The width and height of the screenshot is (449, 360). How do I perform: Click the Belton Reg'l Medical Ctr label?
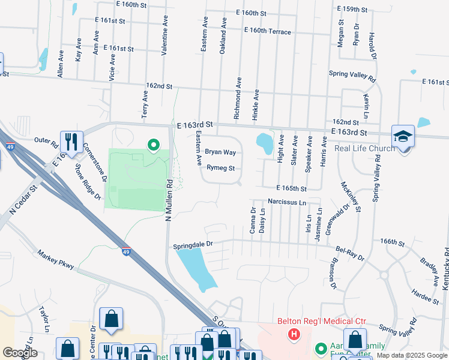pos(321,321)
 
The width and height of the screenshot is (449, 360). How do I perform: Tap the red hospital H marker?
pos(294,334)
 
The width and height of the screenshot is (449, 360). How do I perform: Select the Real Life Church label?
pos(364,148)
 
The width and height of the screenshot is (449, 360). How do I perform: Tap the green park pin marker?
pos(154,144)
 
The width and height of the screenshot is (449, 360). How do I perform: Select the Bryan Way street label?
pos(220,152)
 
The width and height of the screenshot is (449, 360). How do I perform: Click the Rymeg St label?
pos(220,169)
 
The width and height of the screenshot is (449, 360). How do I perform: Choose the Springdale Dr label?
pos(193,245)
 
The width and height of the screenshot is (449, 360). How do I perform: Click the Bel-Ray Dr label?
pos(349,252)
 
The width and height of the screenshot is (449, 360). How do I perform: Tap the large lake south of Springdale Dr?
pos(198,267)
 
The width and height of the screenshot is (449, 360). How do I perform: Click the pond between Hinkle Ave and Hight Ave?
pos(264,143)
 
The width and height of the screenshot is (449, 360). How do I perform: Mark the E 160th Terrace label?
pos(267,32)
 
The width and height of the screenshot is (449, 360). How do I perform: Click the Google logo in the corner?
pos(20,353)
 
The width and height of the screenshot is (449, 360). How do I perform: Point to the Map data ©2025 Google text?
pos(412,356)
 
